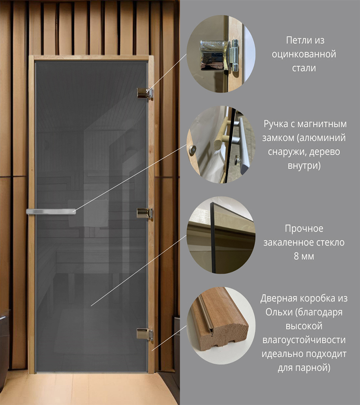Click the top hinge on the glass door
145,93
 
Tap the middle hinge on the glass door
145,213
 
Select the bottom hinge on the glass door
145,334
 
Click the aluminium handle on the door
51,211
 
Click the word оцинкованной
304,54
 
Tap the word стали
304,68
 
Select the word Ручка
275,124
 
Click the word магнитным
322,124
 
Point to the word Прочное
304,229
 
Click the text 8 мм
304,256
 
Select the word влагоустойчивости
304,340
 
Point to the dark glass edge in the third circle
213,238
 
